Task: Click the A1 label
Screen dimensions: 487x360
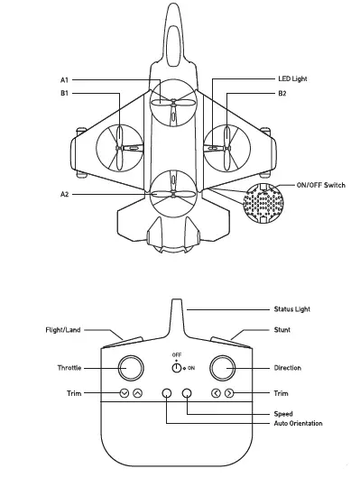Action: [x=65, y=80]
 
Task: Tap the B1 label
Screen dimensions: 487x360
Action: [x=65, y=93]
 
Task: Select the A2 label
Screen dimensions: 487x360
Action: [x=65, y=194]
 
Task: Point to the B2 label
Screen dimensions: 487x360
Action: [x=282, y=93]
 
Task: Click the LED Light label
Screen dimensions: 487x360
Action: [x=293, y=80]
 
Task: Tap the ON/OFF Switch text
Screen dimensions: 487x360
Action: [x=321, y=184]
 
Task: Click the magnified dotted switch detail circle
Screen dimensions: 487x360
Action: [x=263, y=204]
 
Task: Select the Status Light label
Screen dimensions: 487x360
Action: [x=297, y=309]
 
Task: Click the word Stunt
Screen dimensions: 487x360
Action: [x=282, y=330]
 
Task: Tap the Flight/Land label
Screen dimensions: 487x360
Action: [x=64, y=330]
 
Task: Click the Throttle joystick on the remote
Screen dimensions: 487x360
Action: [x=130, y=368]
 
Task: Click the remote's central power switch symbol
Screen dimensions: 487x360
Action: [x=177, y=368]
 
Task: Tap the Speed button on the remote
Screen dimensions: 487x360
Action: [x=187, y=393]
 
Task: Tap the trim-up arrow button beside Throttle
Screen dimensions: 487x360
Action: [x=137, y=393]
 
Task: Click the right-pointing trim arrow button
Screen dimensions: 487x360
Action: [x=230, y=393]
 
